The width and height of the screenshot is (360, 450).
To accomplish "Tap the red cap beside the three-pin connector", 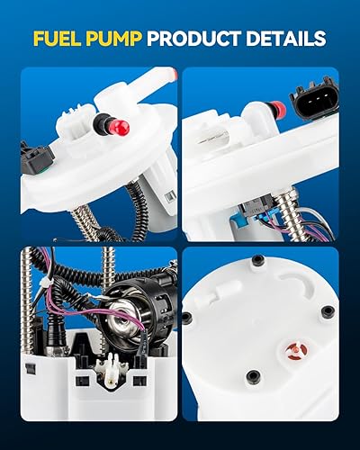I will [x=277, y=110].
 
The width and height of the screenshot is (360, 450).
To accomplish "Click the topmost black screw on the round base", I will [x=258, y=260].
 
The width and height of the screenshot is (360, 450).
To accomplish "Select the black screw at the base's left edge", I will [x=187, y=318].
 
